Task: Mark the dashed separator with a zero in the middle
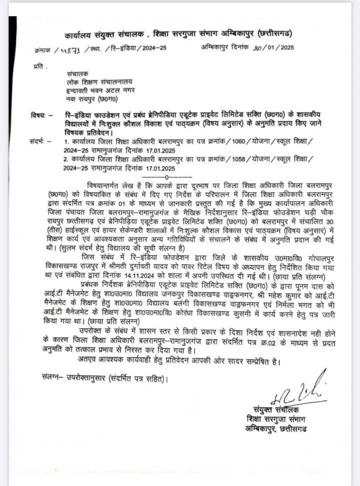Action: click(166, 177)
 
